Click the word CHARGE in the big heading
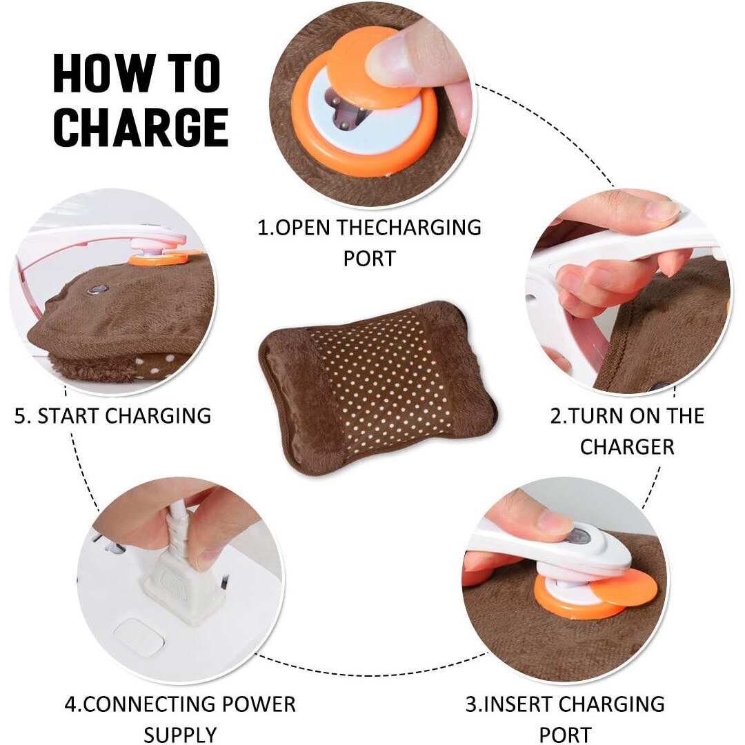(141, 127)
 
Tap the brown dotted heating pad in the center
(378, 387)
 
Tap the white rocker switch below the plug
(138, 637)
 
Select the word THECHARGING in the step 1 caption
(409, 228)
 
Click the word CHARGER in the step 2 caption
(626, 446)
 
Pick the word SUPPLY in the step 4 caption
(180, 735)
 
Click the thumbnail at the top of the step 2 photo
(660, 207)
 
